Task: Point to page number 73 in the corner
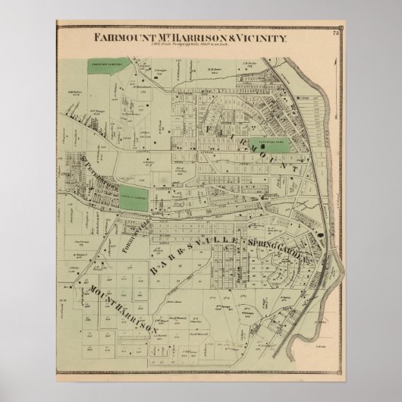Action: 336,31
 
